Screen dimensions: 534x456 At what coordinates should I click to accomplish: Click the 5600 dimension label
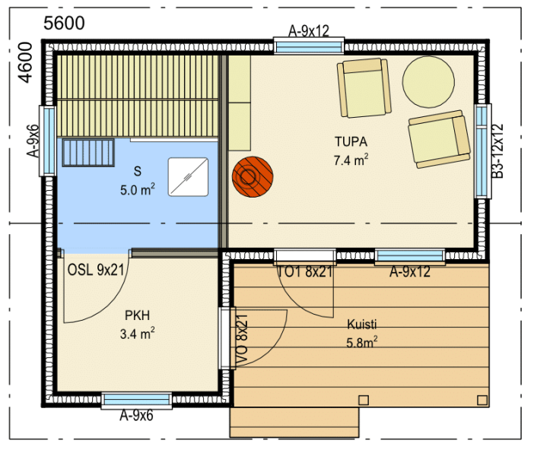[64, 23]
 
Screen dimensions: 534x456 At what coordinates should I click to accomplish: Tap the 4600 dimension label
[26, 62]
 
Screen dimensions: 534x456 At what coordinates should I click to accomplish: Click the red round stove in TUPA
[253, 176]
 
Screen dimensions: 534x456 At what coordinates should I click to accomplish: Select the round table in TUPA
[428, 82]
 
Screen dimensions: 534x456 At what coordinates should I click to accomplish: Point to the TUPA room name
[351, 141]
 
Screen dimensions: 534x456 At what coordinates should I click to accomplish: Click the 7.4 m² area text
[351, 160]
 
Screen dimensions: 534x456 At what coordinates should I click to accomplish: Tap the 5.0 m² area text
[137, 189]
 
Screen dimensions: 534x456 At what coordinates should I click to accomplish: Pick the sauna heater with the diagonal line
[188, 177]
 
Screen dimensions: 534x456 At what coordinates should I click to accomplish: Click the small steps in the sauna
[88, 153]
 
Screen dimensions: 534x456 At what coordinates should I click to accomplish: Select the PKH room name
[137, 315]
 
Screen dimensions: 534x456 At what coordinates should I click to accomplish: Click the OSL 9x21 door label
[96, 270]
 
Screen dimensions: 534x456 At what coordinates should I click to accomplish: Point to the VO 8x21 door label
[242, 339]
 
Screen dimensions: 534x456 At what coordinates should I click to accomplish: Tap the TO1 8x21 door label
[304, 271]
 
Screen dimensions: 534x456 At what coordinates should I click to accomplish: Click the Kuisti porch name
[361, 325]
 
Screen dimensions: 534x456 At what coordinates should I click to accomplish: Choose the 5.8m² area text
[361, 342]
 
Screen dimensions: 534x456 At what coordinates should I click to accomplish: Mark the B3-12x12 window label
[497, 151]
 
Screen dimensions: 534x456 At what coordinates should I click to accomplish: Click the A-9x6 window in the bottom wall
[137, 401]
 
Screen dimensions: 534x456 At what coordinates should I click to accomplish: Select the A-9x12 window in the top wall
[309, 46]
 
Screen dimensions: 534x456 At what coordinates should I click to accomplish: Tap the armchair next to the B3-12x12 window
[440, 139]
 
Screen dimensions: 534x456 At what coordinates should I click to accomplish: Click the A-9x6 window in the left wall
[48, 141]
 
